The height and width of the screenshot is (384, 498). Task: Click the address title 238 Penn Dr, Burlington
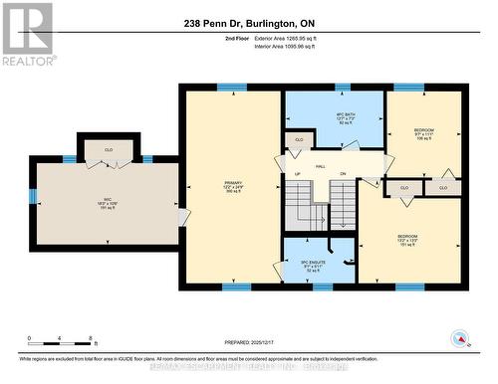click(x=248, y=22)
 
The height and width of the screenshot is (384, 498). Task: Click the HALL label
click(x=321, y=166)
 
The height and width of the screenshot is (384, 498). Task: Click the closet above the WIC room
click(x=109, y=149)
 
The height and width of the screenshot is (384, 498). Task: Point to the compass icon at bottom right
click(x=460, y=337)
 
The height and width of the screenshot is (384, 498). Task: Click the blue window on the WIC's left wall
click(x=32, y=196)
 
